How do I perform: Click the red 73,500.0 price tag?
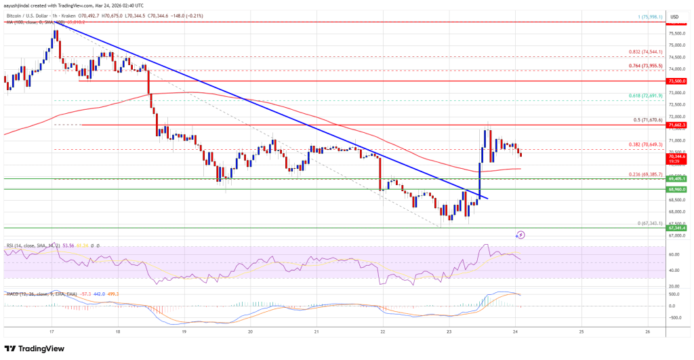pos(677,81)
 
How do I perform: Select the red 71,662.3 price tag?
pos(677,125)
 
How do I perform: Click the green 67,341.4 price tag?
pos(677,228)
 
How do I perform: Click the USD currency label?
pos(674,16)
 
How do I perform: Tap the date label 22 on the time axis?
pos(383,332)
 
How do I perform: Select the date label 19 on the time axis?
pos(184,332)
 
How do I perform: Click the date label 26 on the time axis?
pos(648,332)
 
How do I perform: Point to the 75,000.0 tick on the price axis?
pos(676,45)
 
